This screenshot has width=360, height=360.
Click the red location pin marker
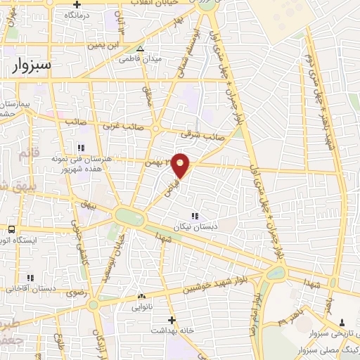click(x=181, y=165)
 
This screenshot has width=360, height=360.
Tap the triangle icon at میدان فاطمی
click(x=141, y=49)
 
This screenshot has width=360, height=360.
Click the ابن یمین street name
click(x=100, y=46)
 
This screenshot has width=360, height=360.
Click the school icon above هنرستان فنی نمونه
click(x=80, y=147)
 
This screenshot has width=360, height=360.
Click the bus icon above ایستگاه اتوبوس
click(x=12, y=229)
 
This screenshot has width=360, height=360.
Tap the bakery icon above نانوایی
click(x=141, y=297)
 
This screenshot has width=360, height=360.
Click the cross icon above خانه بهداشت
click(x=172, y=319)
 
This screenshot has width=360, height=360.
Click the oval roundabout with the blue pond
click(x=129, y=217)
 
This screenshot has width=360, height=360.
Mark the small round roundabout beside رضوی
click(x=94, y=304)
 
